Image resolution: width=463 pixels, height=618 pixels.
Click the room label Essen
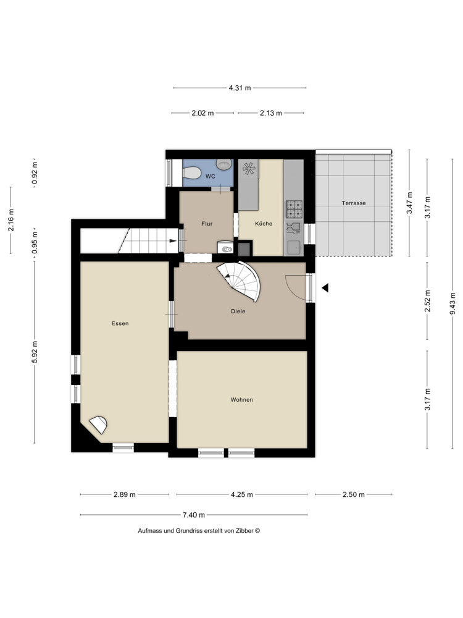tap(120, 323)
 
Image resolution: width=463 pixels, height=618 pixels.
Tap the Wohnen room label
tap(242, 400)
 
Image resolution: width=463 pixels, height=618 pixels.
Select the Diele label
tap(238, 311)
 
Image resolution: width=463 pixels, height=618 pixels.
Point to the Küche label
tap(264, 224)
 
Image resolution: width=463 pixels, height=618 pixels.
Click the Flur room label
tap(207, 224)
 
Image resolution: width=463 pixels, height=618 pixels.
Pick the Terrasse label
tap(354, 203)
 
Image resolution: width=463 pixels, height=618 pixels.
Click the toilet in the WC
tap(192, 172)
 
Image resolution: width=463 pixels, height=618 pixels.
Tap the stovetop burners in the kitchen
tap(294, 209)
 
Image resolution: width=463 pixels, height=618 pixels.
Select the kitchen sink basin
tap(294, 248)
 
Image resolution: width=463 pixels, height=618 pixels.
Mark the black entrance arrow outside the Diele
tap(325, 288)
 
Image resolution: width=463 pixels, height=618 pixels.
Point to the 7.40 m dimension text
tap(194, 515)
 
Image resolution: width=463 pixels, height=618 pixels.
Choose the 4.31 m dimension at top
tap(240, 88)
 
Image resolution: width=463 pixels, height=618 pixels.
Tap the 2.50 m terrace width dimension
tap(354, 494)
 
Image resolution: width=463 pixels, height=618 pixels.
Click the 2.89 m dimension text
tap(125, 494)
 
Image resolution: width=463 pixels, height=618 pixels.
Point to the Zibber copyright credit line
tap(199, 530)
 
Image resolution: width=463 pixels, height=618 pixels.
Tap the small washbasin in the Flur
tap(226, 248)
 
